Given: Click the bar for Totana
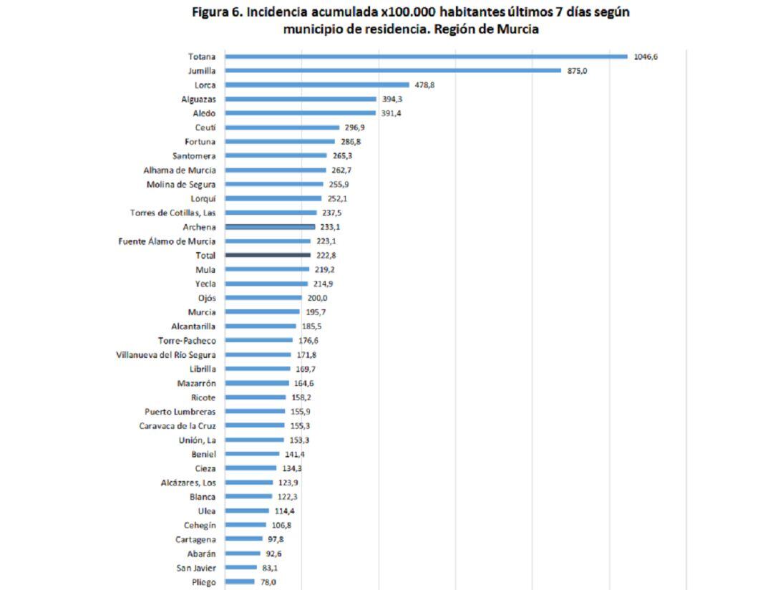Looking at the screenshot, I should pyautogui.click(x=426, y=57).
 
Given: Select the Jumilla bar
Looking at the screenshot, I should pyautogui.click(x=393, y=71).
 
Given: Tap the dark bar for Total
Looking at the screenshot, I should pyautogui.click(x=268, y=255).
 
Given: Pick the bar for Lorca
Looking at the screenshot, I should pyautogui.click(x=317, y=84).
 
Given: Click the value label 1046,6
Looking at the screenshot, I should pyautogui.click(x=646, y=57).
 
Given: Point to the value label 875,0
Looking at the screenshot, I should pyautogui.click(x=578, y=71).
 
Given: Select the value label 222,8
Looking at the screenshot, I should pyautogui.click(x=326, y=256).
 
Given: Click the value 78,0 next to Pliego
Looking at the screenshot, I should pyautogui.click(x=268, y=582).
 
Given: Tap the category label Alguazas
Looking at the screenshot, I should pyautogui.click(x=198, y=99).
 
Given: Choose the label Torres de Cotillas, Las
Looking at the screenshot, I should pyautogui.click(x=172, y=213).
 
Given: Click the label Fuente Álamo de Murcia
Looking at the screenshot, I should pyautogui.click(x=167, y=241).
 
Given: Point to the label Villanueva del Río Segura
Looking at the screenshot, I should pyautogui.click(x=166, y=354).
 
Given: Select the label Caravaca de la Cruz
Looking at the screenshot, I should pyautogui.click(x=178, y=425).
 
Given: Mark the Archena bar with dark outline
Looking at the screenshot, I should pyautogui.click(x=270, y=227).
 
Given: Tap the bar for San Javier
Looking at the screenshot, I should pyautogui.click(x=241, y=568).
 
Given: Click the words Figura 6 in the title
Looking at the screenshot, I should pyautogui.click(x=218, y=12).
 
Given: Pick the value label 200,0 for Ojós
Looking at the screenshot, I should pyautogui.click(x=317, y=298).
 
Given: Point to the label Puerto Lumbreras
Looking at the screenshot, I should pyautogui.click(x=180, y=412).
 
